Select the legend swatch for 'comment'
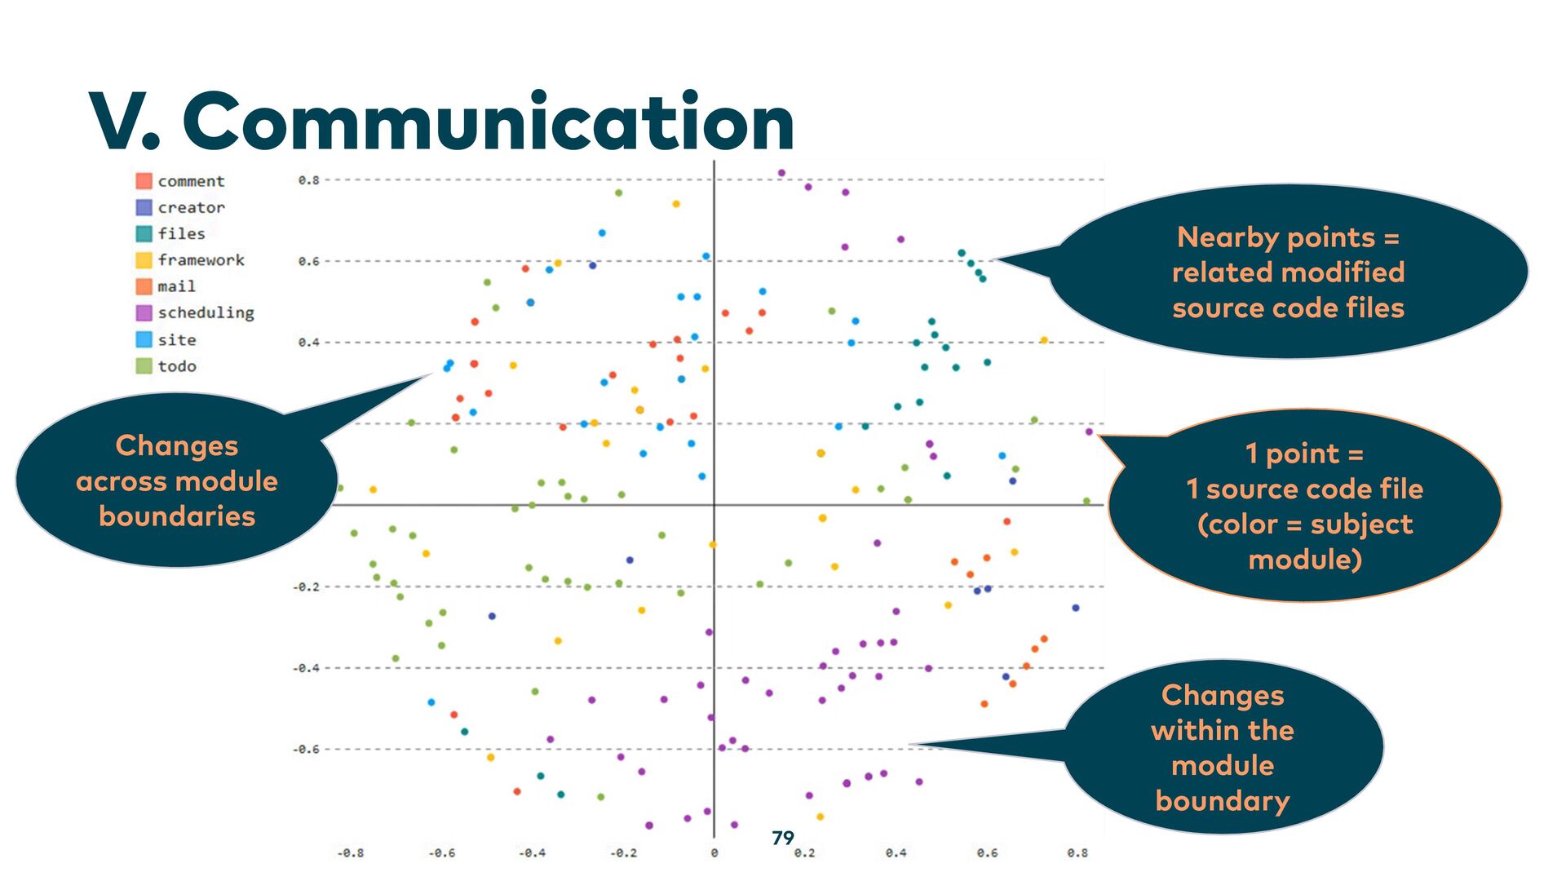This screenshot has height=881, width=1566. (x=144, y=181)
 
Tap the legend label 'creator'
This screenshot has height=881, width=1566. (x=191, y=208)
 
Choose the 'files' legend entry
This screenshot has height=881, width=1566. (x=181, y=234)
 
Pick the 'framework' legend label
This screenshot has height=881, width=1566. (x=201, y=260)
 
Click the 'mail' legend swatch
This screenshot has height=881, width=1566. (x=144, y=286)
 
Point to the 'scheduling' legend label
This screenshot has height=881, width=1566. (x=206, y=313)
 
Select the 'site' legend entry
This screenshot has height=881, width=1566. (x=176, y=339)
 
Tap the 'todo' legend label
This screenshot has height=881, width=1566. (x=177, y=366)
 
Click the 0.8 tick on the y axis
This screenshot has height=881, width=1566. (x=308, y=180)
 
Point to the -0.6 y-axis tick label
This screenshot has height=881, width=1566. (x=306, y=749)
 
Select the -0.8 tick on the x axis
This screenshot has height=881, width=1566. (x=350, y=853)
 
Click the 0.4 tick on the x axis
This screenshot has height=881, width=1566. (x=896, y=853)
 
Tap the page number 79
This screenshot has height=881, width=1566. (x=782, y=838)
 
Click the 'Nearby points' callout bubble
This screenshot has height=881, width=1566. (x=1288, y=272)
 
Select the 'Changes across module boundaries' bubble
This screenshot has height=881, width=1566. (x=177, y=480)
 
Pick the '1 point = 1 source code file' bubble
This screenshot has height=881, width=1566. (x=1304, y=506)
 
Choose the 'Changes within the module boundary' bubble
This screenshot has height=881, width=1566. (x=1223, y=747)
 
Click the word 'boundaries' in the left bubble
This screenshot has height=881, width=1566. (x=177, y=516)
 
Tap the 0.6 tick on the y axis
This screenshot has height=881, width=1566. (x=308, y=262)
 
